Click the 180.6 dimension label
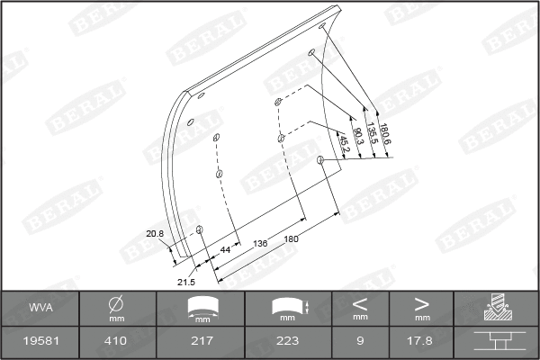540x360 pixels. pyautogui.click(x=386, y=135)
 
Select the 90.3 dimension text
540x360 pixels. pyautogui.click(x=357, y=137)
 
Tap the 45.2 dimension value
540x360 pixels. pyautogui.click(x=343, y=139)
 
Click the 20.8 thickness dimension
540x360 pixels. pyautogui.click(x=155, y=234)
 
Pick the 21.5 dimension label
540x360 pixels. pyautogui.click(x=186, y=282)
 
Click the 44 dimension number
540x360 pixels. pyautogui.click(x=225, y=249)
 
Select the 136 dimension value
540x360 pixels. pyautogui.click(x=260, y=244)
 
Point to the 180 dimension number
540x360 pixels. pyautogui.click(x=291, y=238)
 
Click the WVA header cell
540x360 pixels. pyautogui.click(x=40, y=307)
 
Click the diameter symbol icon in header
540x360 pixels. pyautogui.click(x=115, y=303)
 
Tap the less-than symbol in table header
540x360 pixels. pyautogui.click(x=360, y=303)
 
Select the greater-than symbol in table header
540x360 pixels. pyautogui.click(x=421, y=303)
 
